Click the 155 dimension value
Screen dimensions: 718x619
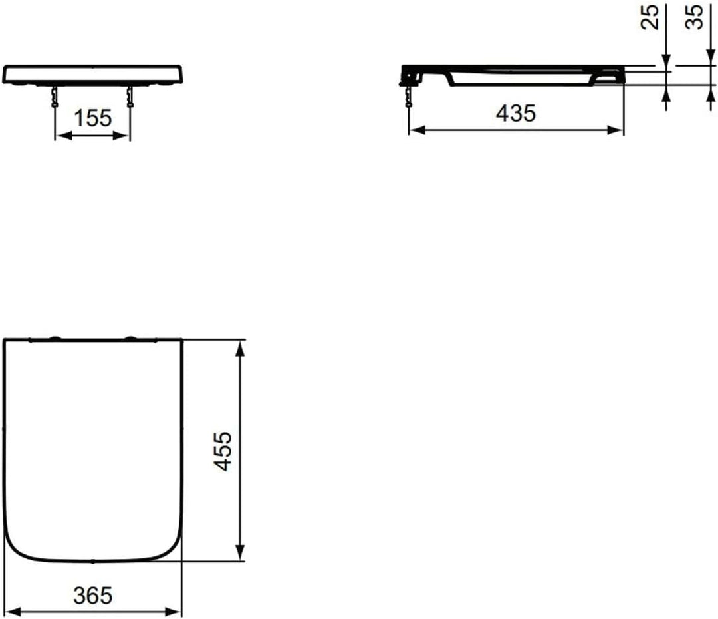click(92, 118)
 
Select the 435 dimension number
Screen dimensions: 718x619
click(516, 113)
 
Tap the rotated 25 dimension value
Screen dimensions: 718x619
click(650, 17)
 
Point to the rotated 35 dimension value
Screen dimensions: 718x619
click(694, 17)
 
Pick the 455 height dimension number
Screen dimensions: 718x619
click(223, 451)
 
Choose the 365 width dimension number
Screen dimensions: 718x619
click(92, 596)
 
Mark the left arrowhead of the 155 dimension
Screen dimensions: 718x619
click(64, 136)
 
